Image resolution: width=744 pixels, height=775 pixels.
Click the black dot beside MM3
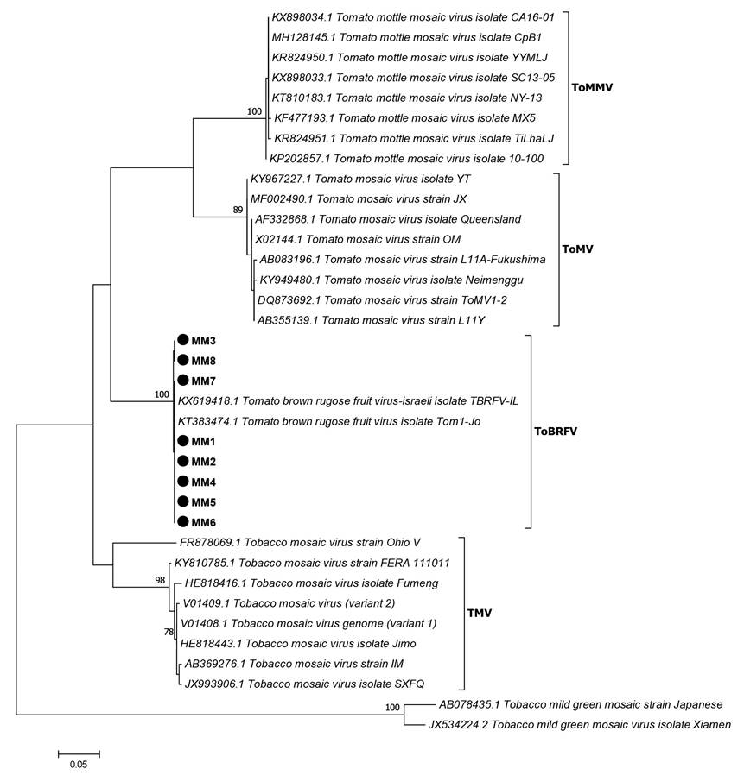point(182,340)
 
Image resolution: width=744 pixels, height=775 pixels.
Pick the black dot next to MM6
point(182,521)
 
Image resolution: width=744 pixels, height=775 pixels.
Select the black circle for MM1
point(182,441)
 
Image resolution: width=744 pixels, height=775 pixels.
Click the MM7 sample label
point(203,381)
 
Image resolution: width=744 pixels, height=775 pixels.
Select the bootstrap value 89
point(238,210)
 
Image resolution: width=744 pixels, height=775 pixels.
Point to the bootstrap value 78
point(169,633)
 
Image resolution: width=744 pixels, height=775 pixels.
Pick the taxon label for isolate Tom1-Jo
point(340,420)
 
